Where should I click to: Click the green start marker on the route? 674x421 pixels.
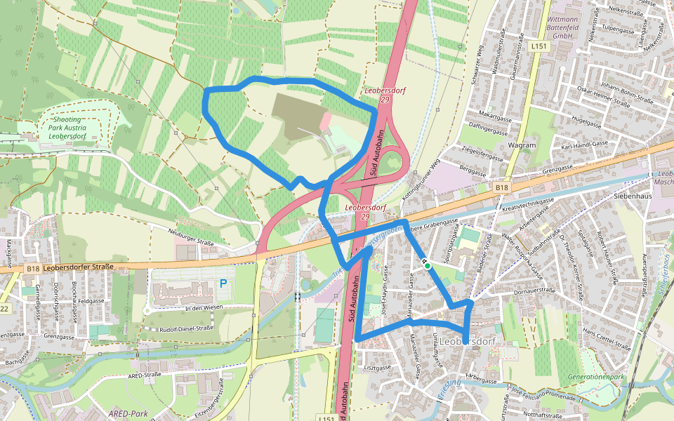click(x=427, y=266)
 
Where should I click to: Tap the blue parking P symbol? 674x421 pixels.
click(x=223, y=283)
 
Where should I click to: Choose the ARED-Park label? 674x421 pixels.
click(x=128, y=413)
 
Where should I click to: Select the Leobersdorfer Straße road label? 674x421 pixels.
click(x=78, y=267)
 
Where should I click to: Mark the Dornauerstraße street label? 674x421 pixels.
click(x=534, y=289)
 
